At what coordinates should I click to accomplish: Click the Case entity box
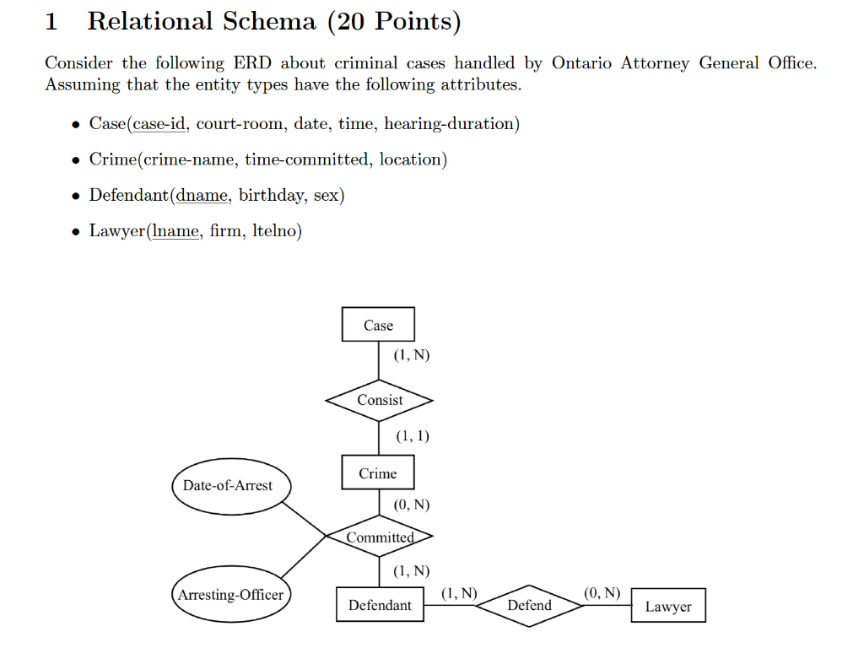tap(378, 325)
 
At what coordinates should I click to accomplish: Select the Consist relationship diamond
tap(380, 401)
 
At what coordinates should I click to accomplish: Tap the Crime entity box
tap(378, 473)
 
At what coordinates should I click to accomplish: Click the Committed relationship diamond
tap(380, 537)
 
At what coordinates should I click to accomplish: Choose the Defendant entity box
tap(380, 605)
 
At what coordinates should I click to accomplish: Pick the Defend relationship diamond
tap(529, 605)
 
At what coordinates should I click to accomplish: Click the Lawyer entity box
tap(667, 607)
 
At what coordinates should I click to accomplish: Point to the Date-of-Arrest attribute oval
tap(228, 485)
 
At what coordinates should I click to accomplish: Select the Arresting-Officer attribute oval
tap(229, 595)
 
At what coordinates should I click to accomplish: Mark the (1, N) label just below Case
tap(412, 355)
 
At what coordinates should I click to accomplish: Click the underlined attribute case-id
tap(159, 124)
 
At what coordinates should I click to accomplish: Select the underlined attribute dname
tap(202, 195)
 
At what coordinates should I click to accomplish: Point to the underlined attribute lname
tap(175, 230)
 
